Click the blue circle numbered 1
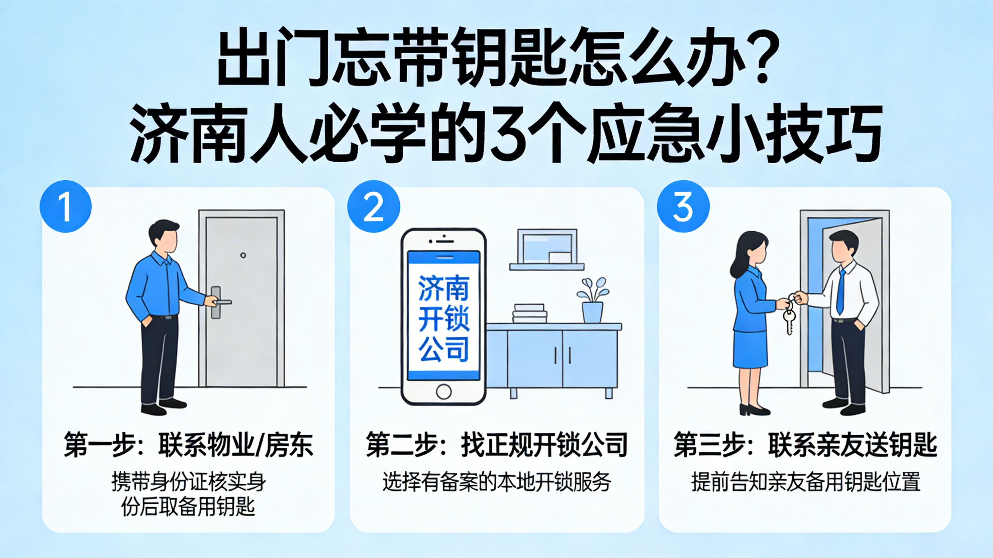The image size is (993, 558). pos(65,206)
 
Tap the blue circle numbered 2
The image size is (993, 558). pos(374,206)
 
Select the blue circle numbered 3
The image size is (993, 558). pos(683,206)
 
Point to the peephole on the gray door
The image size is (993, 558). pos(243,255)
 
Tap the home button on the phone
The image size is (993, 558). pos(443,392)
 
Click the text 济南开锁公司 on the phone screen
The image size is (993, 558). pos(444,318)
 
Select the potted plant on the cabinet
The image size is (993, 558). pos(593,301)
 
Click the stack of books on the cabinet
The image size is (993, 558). pos(530,313)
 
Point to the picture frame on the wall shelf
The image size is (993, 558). pos(547,246)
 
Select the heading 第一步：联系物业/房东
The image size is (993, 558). pos(188,445)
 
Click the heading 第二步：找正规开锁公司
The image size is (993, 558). pos(496,445)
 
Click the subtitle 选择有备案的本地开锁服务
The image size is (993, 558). pos(496,482)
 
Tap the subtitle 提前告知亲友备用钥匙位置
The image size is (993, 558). pos(806,482)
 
